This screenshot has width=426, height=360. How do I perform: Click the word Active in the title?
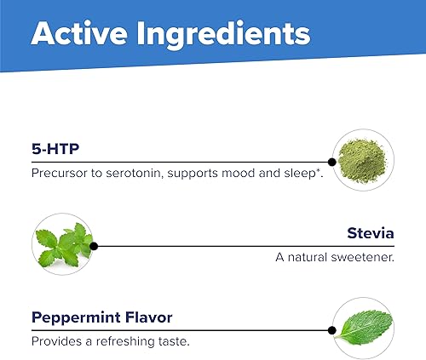click(x=79, y=33)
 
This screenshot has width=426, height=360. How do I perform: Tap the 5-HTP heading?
click(x=55, y=149)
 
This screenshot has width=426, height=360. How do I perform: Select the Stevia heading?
click(x=371, y=233)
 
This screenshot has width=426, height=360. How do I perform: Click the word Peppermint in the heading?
click(x=76, y=318)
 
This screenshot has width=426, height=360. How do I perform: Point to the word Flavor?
click(x=149, y=317)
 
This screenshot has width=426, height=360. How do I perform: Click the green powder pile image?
click(x=362, y=161)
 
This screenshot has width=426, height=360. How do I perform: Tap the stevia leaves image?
click(x=64, y=244)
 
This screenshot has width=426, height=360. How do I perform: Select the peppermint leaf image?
click(x=365, y=328)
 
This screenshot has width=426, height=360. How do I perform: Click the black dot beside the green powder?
click(x=331, y=162)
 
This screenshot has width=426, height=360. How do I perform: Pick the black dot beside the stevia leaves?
click(x=94, y=246)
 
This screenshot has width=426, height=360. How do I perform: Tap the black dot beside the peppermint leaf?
click(x=331, y=330)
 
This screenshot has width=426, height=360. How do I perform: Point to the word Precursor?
click(x=60, y=173)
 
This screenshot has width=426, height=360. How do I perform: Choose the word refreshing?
click(x=125, y=342)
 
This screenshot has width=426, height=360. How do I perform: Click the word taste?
click(x=174, y=341)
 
